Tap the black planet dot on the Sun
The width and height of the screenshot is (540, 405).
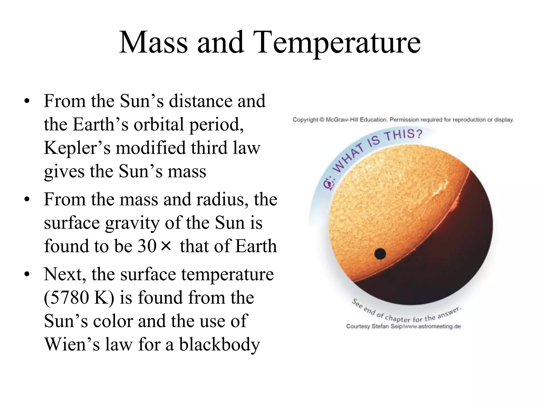coord(380,254)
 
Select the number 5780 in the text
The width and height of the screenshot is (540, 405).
coord(66,297)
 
